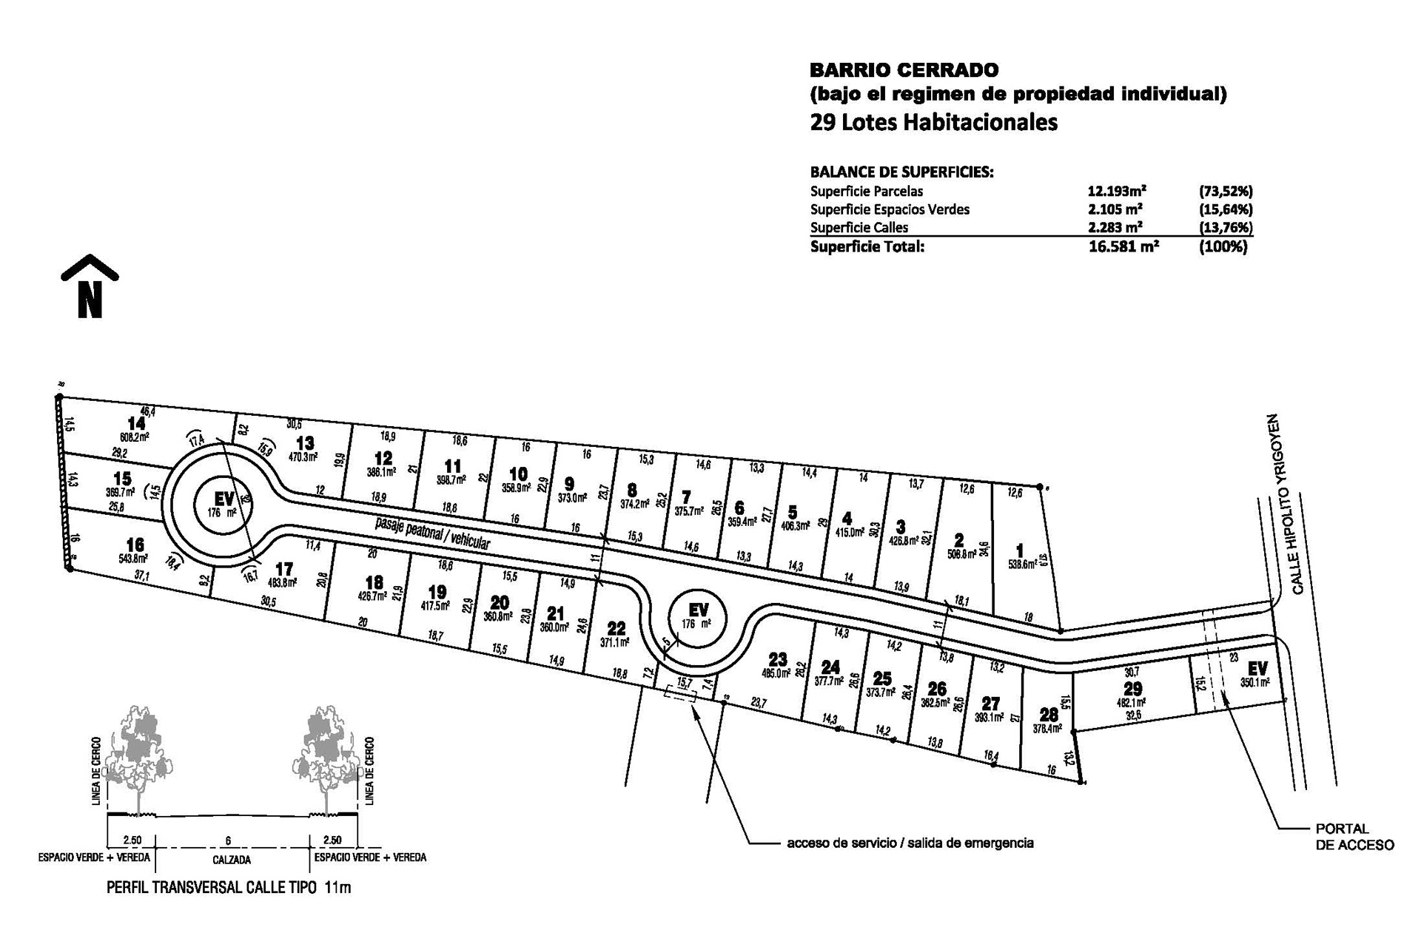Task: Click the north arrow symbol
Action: (x=90, y=287)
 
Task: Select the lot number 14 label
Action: (x=136, y=424)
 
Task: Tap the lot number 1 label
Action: (x=1020, y=550)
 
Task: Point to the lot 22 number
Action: (x=616, y=630)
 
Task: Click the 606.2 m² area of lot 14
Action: (x=134, y=437)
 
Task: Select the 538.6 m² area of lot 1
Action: (x=1024, y=563)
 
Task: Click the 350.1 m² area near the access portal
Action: (x=1255, y=683)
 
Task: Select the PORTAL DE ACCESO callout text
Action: (x=1354, y=837)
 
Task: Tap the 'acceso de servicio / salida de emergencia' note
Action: (x=910, y=843)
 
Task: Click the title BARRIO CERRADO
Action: (x=904, y=70)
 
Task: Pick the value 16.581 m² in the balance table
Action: (x=1123, y=247)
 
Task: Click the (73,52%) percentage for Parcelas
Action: (x=1225, y=191)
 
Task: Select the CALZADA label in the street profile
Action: (x=232, y=860)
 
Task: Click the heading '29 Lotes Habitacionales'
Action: (x=933, y=122)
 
